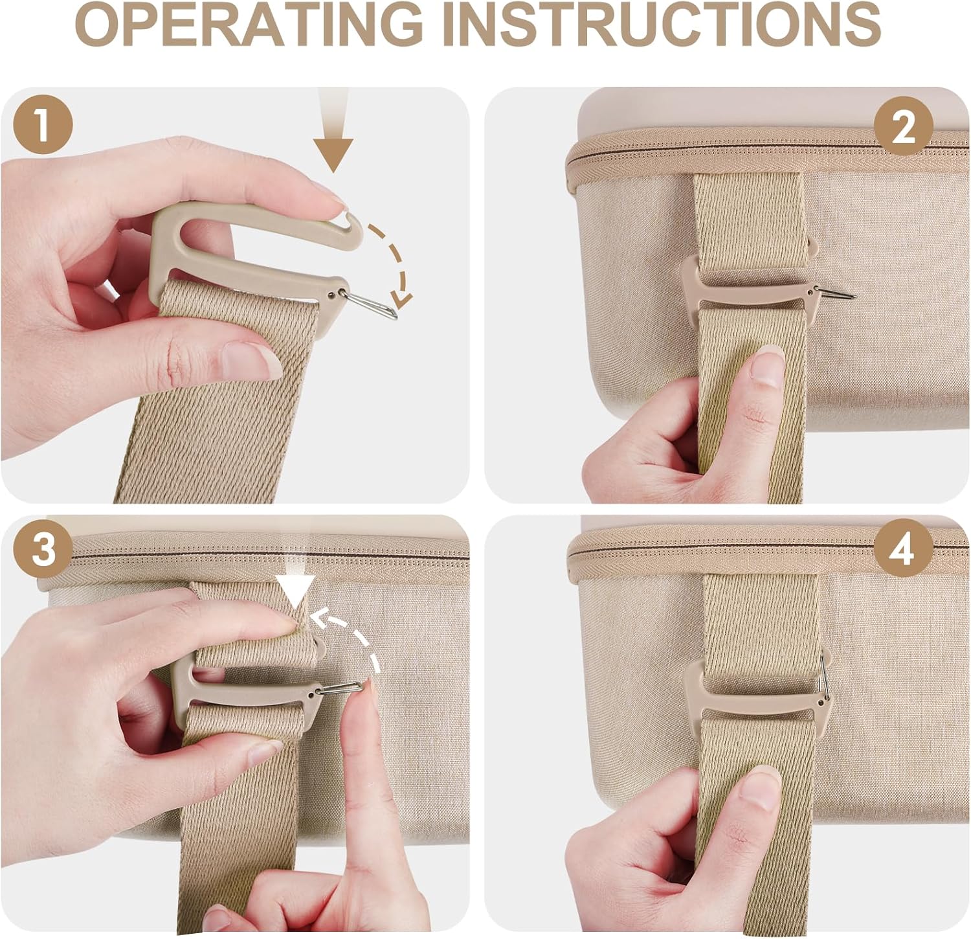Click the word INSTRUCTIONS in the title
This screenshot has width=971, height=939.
tap(669, 24)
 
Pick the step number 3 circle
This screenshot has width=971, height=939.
tap(43, 549)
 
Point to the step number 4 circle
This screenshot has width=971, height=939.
tap(903, 549)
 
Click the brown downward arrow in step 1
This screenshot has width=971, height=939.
tap(334, 130)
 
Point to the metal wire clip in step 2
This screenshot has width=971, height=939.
tap(835, 293)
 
